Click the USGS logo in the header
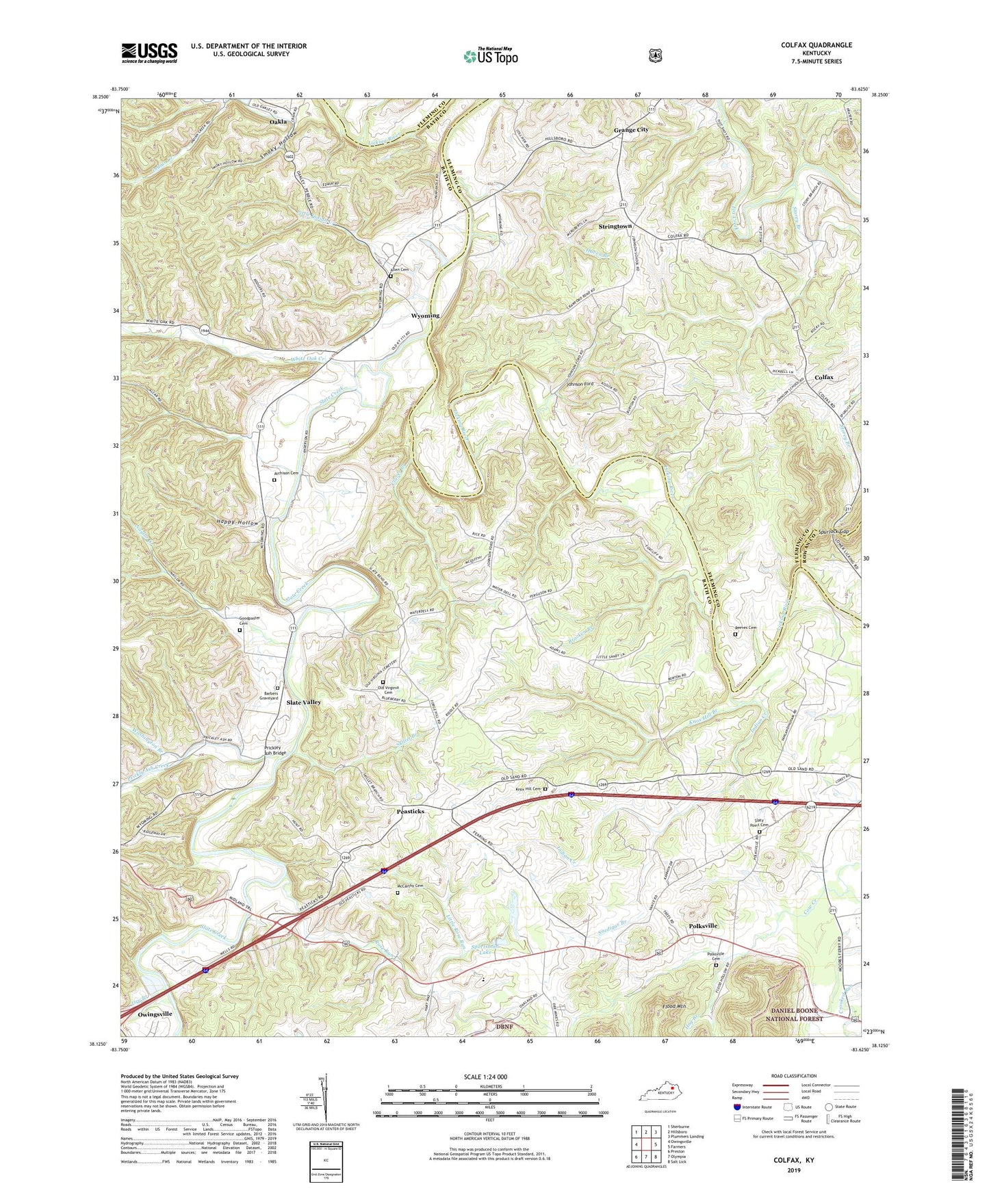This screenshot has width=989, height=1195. click(x=149, y=53)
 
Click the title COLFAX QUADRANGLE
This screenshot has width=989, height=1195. click(x=817, y=45)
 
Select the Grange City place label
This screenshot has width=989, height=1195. click(x=630, y=130)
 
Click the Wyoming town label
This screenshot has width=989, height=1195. click(x=425, y=316)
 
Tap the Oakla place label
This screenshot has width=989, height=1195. click(x=279, y=122)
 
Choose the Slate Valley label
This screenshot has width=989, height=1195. click(x=303, y=703)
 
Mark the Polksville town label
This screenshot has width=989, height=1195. click(x=703, y=926)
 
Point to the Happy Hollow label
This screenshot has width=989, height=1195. click(x=237, y=522)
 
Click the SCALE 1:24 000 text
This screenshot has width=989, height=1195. click(x=485, y=1077)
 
